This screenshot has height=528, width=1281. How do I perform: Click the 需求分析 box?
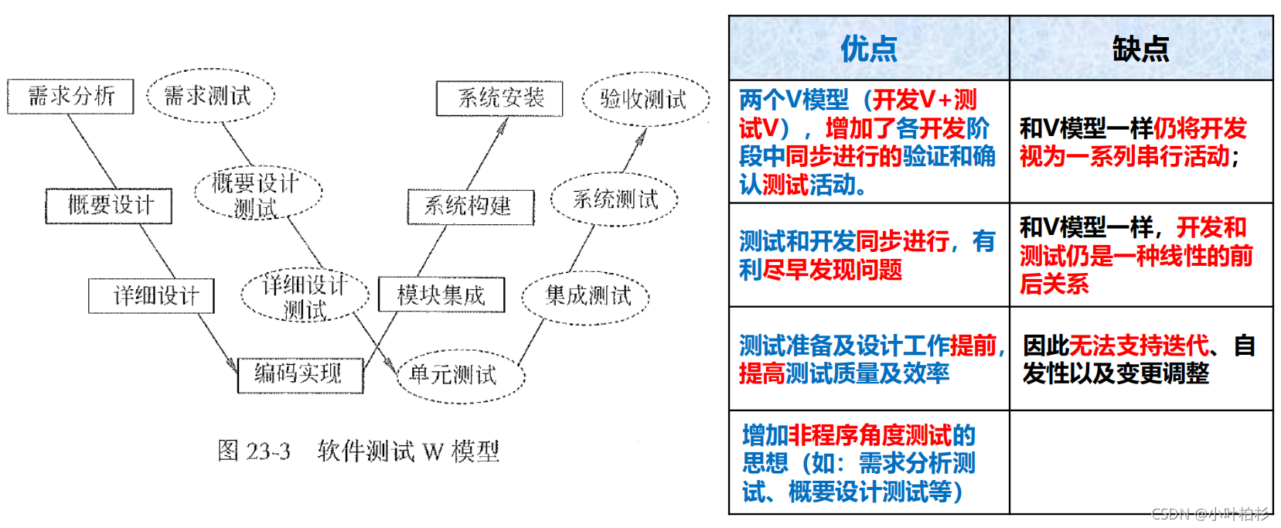[x=70, y=96]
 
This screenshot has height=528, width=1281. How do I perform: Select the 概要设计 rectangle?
[x=109, y=206]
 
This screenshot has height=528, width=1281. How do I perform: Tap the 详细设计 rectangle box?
[x=152, y=295]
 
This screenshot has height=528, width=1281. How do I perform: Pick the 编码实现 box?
[x=299, y=375]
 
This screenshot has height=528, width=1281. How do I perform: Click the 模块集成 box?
[x=441, y=295]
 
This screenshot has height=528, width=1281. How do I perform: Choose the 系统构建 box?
[x=471, y=206]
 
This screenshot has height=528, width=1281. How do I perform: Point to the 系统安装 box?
[x=499, y=98]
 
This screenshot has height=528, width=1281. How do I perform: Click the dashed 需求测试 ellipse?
[x=210, y=96]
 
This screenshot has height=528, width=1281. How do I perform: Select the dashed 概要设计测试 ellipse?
[x=257, y=193]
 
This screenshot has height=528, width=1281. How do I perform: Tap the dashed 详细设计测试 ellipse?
[x=305, y=296]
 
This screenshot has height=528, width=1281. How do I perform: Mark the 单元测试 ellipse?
[x=459, y=376]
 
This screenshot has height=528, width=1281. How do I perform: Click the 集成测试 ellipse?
[x=587, y=296]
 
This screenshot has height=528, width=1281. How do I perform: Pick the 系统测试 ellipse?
[x=615, y=199]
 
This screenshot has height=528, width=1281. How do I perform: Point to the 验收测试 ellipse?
[x=645, y=99]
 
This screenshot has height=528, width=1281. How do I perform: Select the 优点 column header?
[x=868, y=49]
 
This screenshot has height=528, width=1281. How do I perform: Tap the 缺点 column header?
[x=1140, y=49]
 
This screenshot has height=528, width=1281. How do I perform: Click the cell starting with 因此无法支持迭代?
[x=1140, y=359]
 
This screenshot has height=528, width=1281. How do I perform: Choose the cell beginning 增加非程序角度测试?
[x=868, y=462]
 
